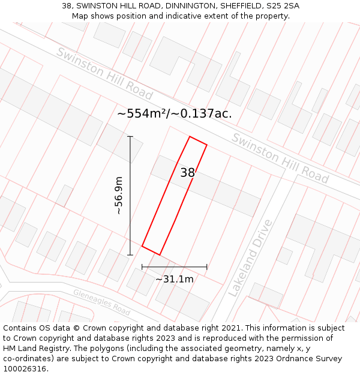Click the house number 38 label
pos(188,173)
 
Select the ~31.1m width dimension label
pos(174,279)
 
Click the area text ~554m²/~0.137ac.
pos(175,113)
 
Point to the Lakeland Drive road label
pos(250,257)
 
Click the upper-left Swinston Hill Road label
pos(104,73)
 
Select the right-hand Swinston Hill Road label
pos(280,158)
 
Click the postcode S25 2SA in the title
pos(283,6)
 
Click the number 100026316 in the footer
pos(24,369)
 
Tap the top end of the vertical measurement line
pos(130,137)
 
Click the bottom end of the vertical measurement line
pos(130,255)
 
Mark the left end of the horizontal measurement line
pos(142,267)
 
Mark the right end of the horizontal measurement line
pos(207,267)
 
